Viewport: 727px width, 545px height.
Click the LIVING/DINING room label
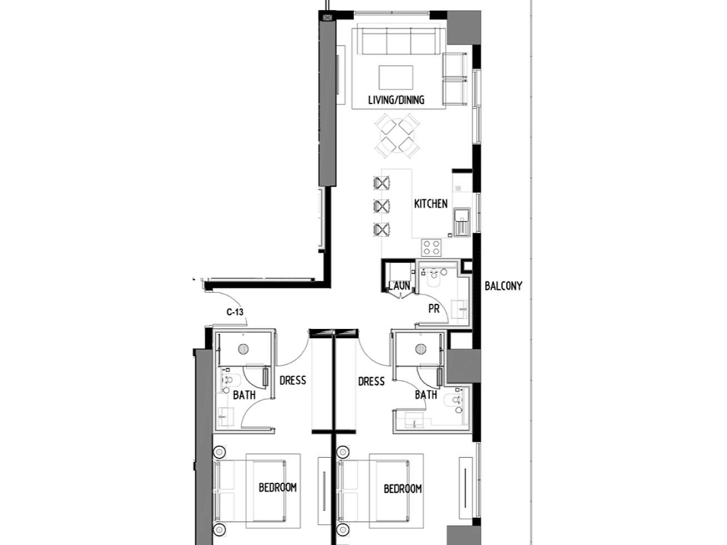396,100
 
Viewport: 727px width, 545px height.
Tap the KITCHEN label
431,204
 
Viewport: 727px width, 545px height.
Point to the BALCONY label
504,286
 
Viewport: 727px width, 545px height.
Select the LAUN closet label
399,286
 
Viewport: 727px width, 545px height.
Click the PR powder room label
434,309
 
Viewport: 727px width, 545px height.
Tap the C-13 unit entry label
235,312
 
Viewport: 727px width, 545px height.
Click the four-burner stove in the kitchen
431,248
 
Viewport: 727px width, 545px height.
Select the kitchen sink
462,222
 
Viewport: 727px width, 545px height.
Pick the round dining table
397,136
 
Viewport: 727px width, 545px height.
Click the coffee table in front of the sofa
396,77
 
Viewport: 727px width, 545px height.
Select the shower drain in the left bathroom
243,349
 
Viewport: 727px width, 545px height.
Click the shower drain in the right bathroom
421,349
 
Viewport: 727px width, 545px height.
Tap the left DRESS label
293,381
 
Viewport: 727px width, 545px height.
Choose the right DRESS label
371,382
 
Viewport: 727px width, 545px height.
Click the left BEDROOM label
277,487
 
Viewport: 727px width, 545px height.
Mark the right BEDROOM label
403,489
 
